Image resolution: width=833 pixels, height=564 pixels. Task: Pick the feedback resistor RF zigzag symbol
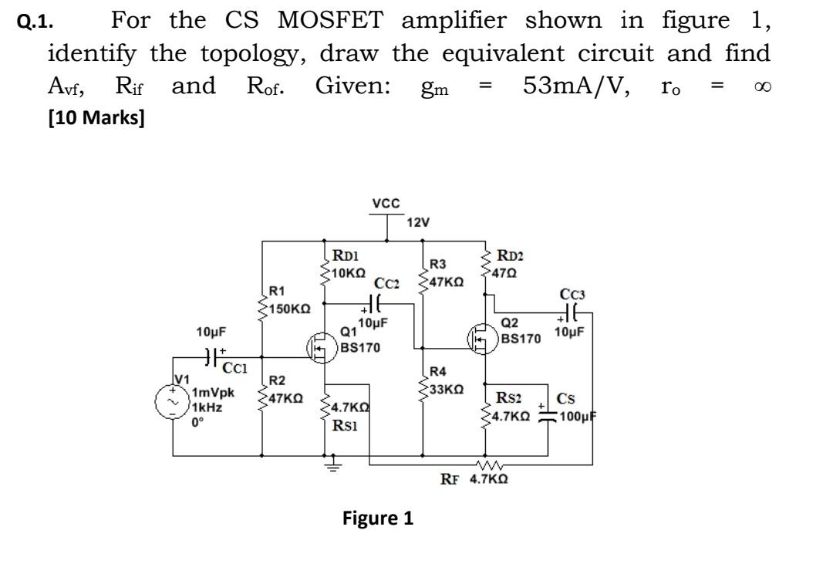coord(487,464)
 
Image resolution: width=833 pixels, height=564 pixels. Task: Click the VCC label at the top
coord(385,204)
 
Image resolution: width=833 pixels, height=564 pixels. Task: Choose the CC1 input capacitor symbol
coord(211,356)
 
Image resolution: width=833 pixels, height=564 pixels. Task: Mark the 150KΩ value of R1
coord(291,308)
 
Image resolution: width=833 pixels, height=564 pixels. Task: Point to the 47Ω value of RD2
coord(509,272)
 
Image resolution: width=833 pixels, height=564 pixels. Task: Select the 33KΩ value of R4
coord(446,388)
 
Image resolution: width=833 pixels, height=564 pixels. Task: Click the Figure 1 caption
coord(378,518)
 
